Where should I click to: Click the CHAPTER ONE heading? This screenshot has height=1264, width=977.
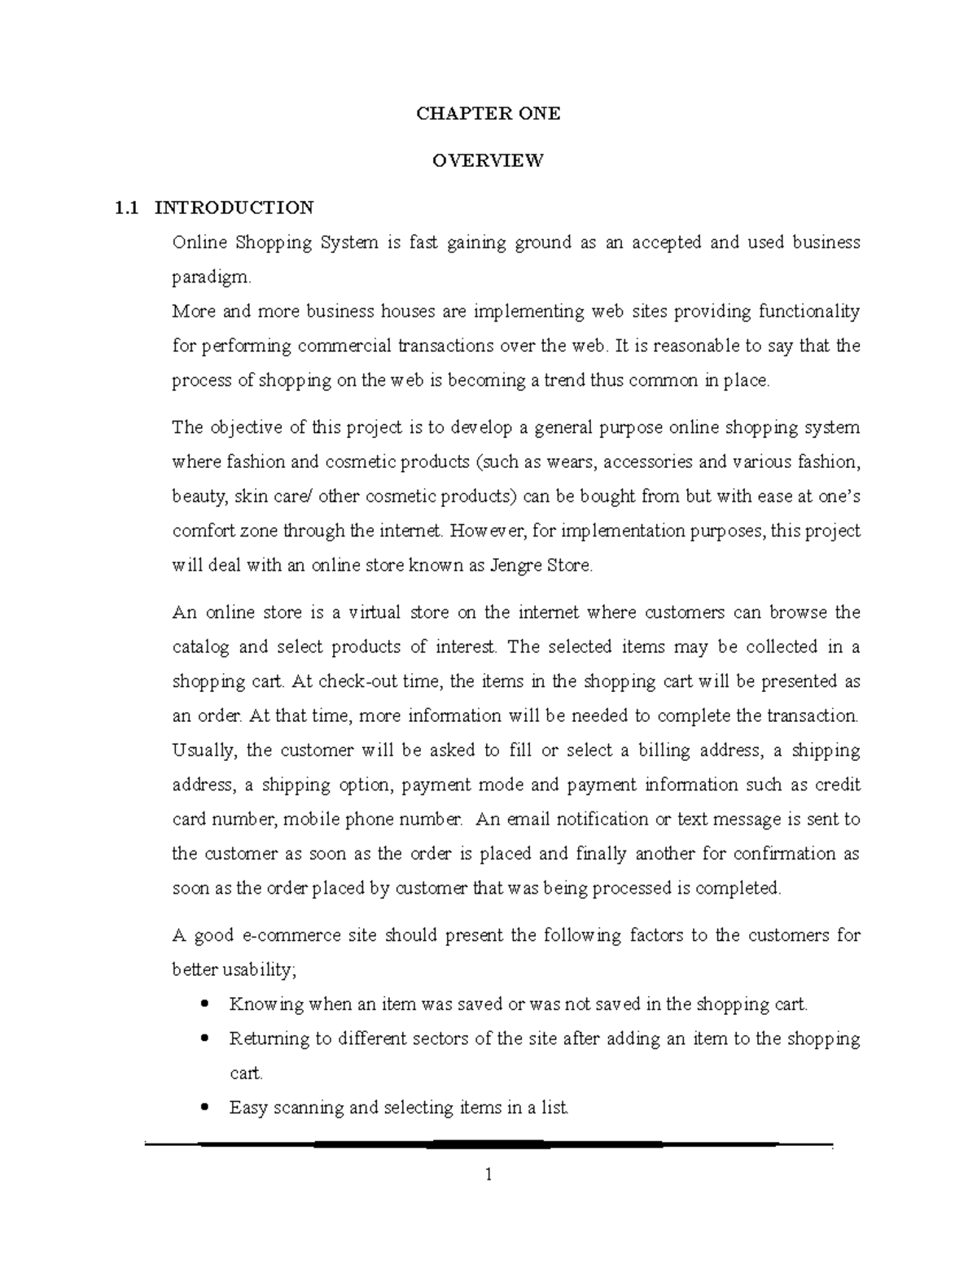pos(488,114)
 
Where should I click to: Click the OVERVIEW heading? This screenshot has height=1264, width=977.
pos(488,160)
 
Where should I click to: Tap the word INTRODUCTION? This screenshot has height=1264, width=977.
pos(234,208)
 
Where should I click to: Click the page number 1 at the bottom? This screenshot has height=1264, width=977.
pos(488,1174)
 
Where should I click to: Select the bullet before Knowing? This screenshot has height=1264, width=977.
pos(204,1004)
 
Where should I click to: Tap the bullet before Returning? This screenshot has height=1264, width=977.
pos(204,1039)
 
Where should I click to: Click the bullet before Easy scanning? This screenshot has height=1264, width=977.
pos(204,1107)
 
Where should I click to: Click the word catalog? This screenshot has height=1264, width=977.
pos(195,647)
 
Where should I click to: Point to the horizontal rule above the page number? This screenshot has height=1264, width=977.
pos(488,1144)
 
